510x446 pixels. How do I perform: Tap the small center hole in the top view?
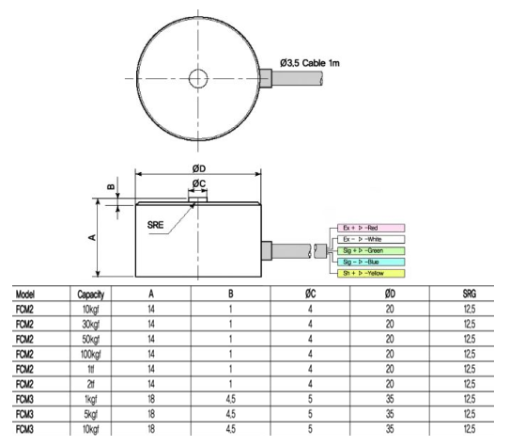[198, 78]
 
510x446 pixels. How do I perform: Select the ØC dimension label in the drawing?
[198, 183]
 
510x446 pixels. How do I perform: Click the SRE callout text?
[160, 226]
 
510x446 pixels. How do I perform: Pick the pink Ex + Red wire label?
[369, 228]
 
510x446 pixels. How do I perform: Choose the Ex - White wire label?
[369, 239]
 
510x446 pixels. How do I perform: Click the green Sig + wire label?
[369, 250]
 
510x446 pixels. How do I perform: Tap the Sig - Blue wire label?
[369, 262]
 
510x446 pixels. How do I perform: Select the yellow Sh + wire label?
[369, 273]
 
